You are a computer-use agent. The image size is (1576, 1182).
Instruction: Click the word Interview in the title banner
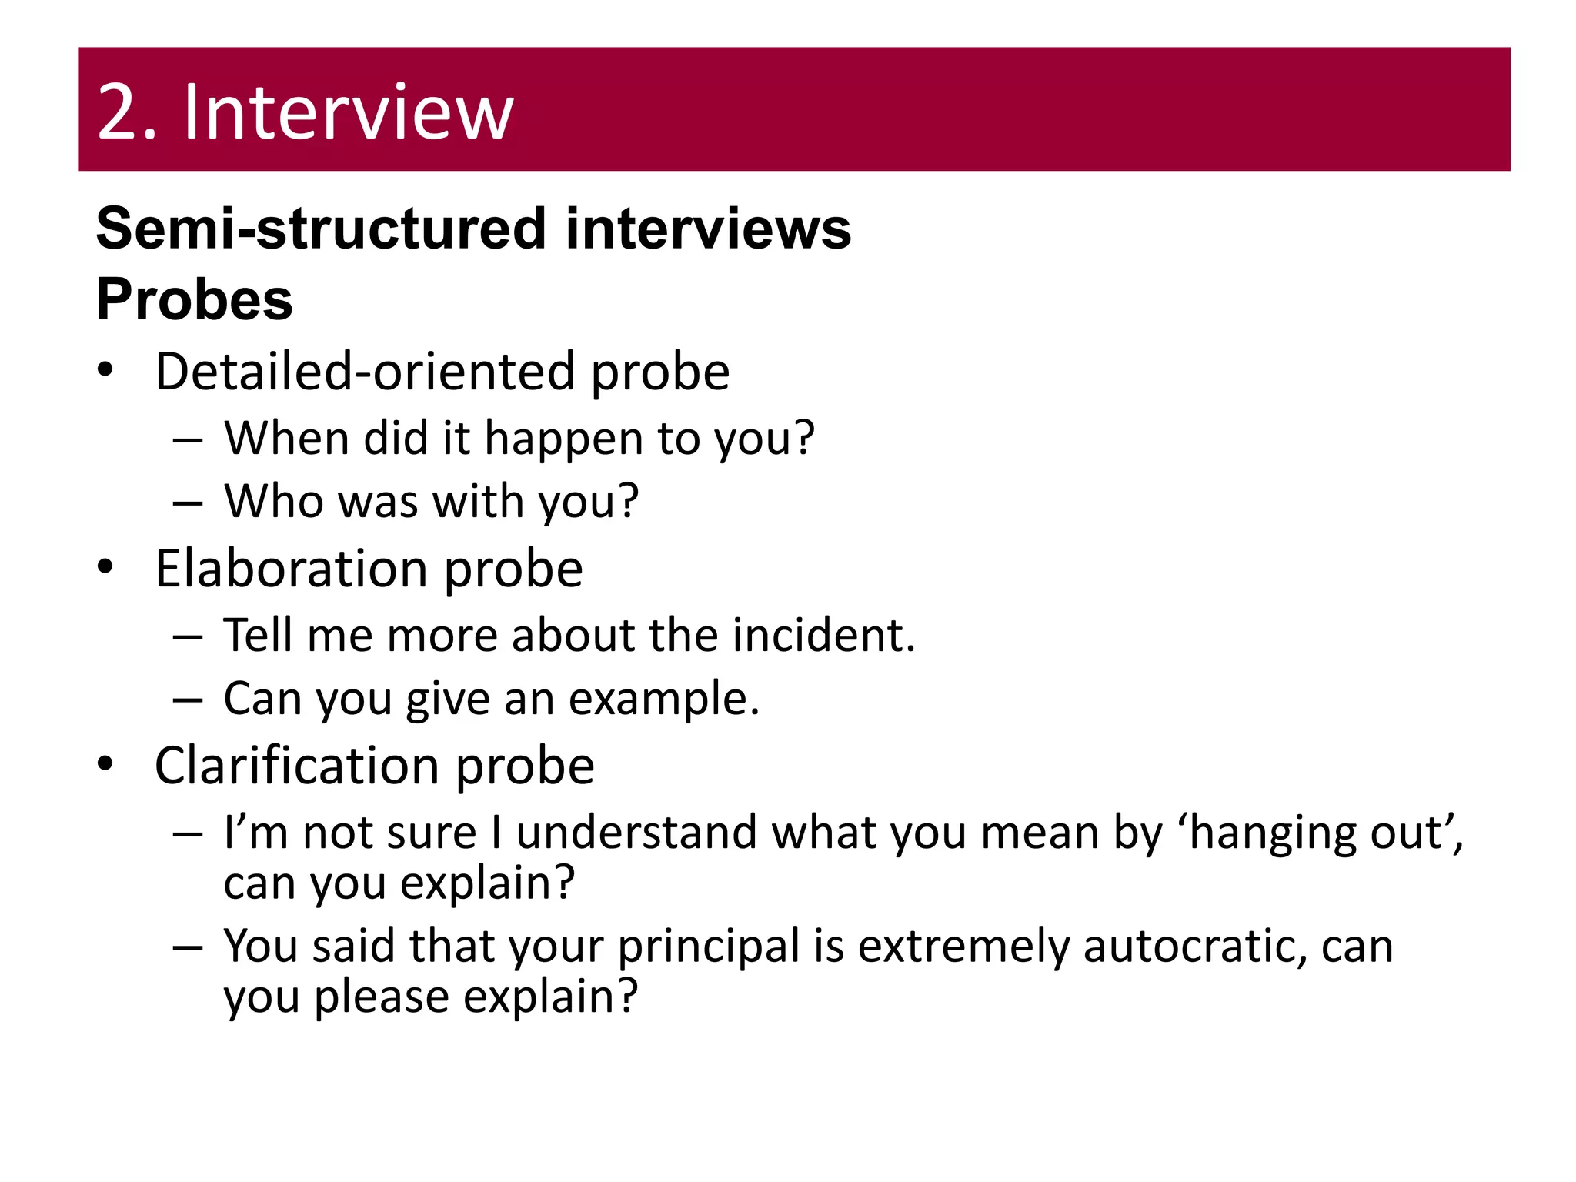click(x=348, y=113)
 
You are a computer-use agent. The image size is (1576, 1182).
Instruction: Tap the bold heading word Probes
click(x=194, y=299)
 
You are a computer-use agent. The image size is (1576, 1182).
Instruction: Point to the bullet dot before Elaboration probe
click(x=105, y=567)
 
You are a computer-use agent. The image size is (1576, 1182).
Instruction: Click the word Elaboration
click(x=291, y=569)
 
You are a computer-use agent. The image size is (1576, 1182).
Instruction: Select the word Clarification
click(x=296, y=766)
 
